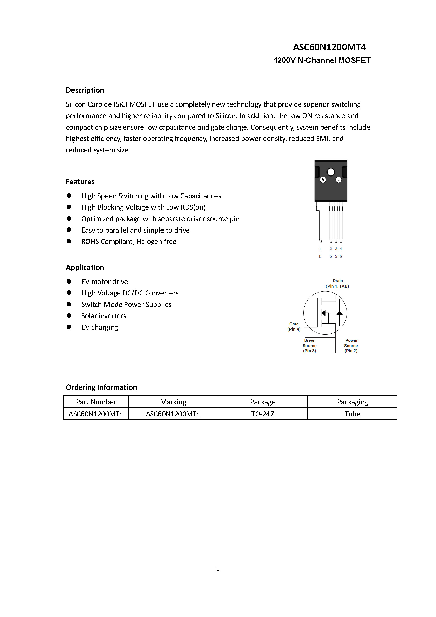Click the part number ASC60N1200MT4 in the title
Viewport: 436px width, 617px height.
(329, 47)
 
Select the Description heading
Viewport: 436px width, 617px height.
(85, 90)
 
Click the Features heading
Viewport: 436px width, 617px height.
(80, 182)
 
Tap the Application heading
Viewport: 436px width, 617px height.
(85, 267)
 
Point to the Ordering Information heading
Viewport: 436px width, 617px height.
(101, 387)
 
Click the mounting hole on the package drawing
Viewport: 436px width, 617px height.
(331, 172)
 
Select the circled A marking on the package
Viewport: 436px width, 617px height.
(323, 179)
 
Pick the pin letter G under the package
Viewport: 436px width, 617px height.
(341, 256)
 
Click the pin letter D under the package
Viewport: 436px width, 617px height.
(320, 256)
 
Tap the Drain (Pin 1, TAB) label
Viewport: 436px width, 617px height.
(337, 284)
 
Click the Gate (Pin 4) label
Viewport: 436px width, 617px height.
(294, 326)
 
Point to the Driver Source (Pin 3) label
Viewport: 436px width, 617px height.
(310, 346)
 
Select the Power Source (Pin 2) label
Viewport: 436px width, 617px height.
(351, 346)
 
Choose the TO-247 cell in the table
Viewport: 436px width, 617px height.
(262, 414)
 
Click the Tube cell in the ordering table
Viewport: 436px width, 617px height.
(352, 414)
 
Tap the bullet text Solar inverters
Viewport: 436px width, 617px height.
(104, 316)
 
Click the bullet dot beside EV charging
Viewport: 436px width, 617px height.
(69, 327)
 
